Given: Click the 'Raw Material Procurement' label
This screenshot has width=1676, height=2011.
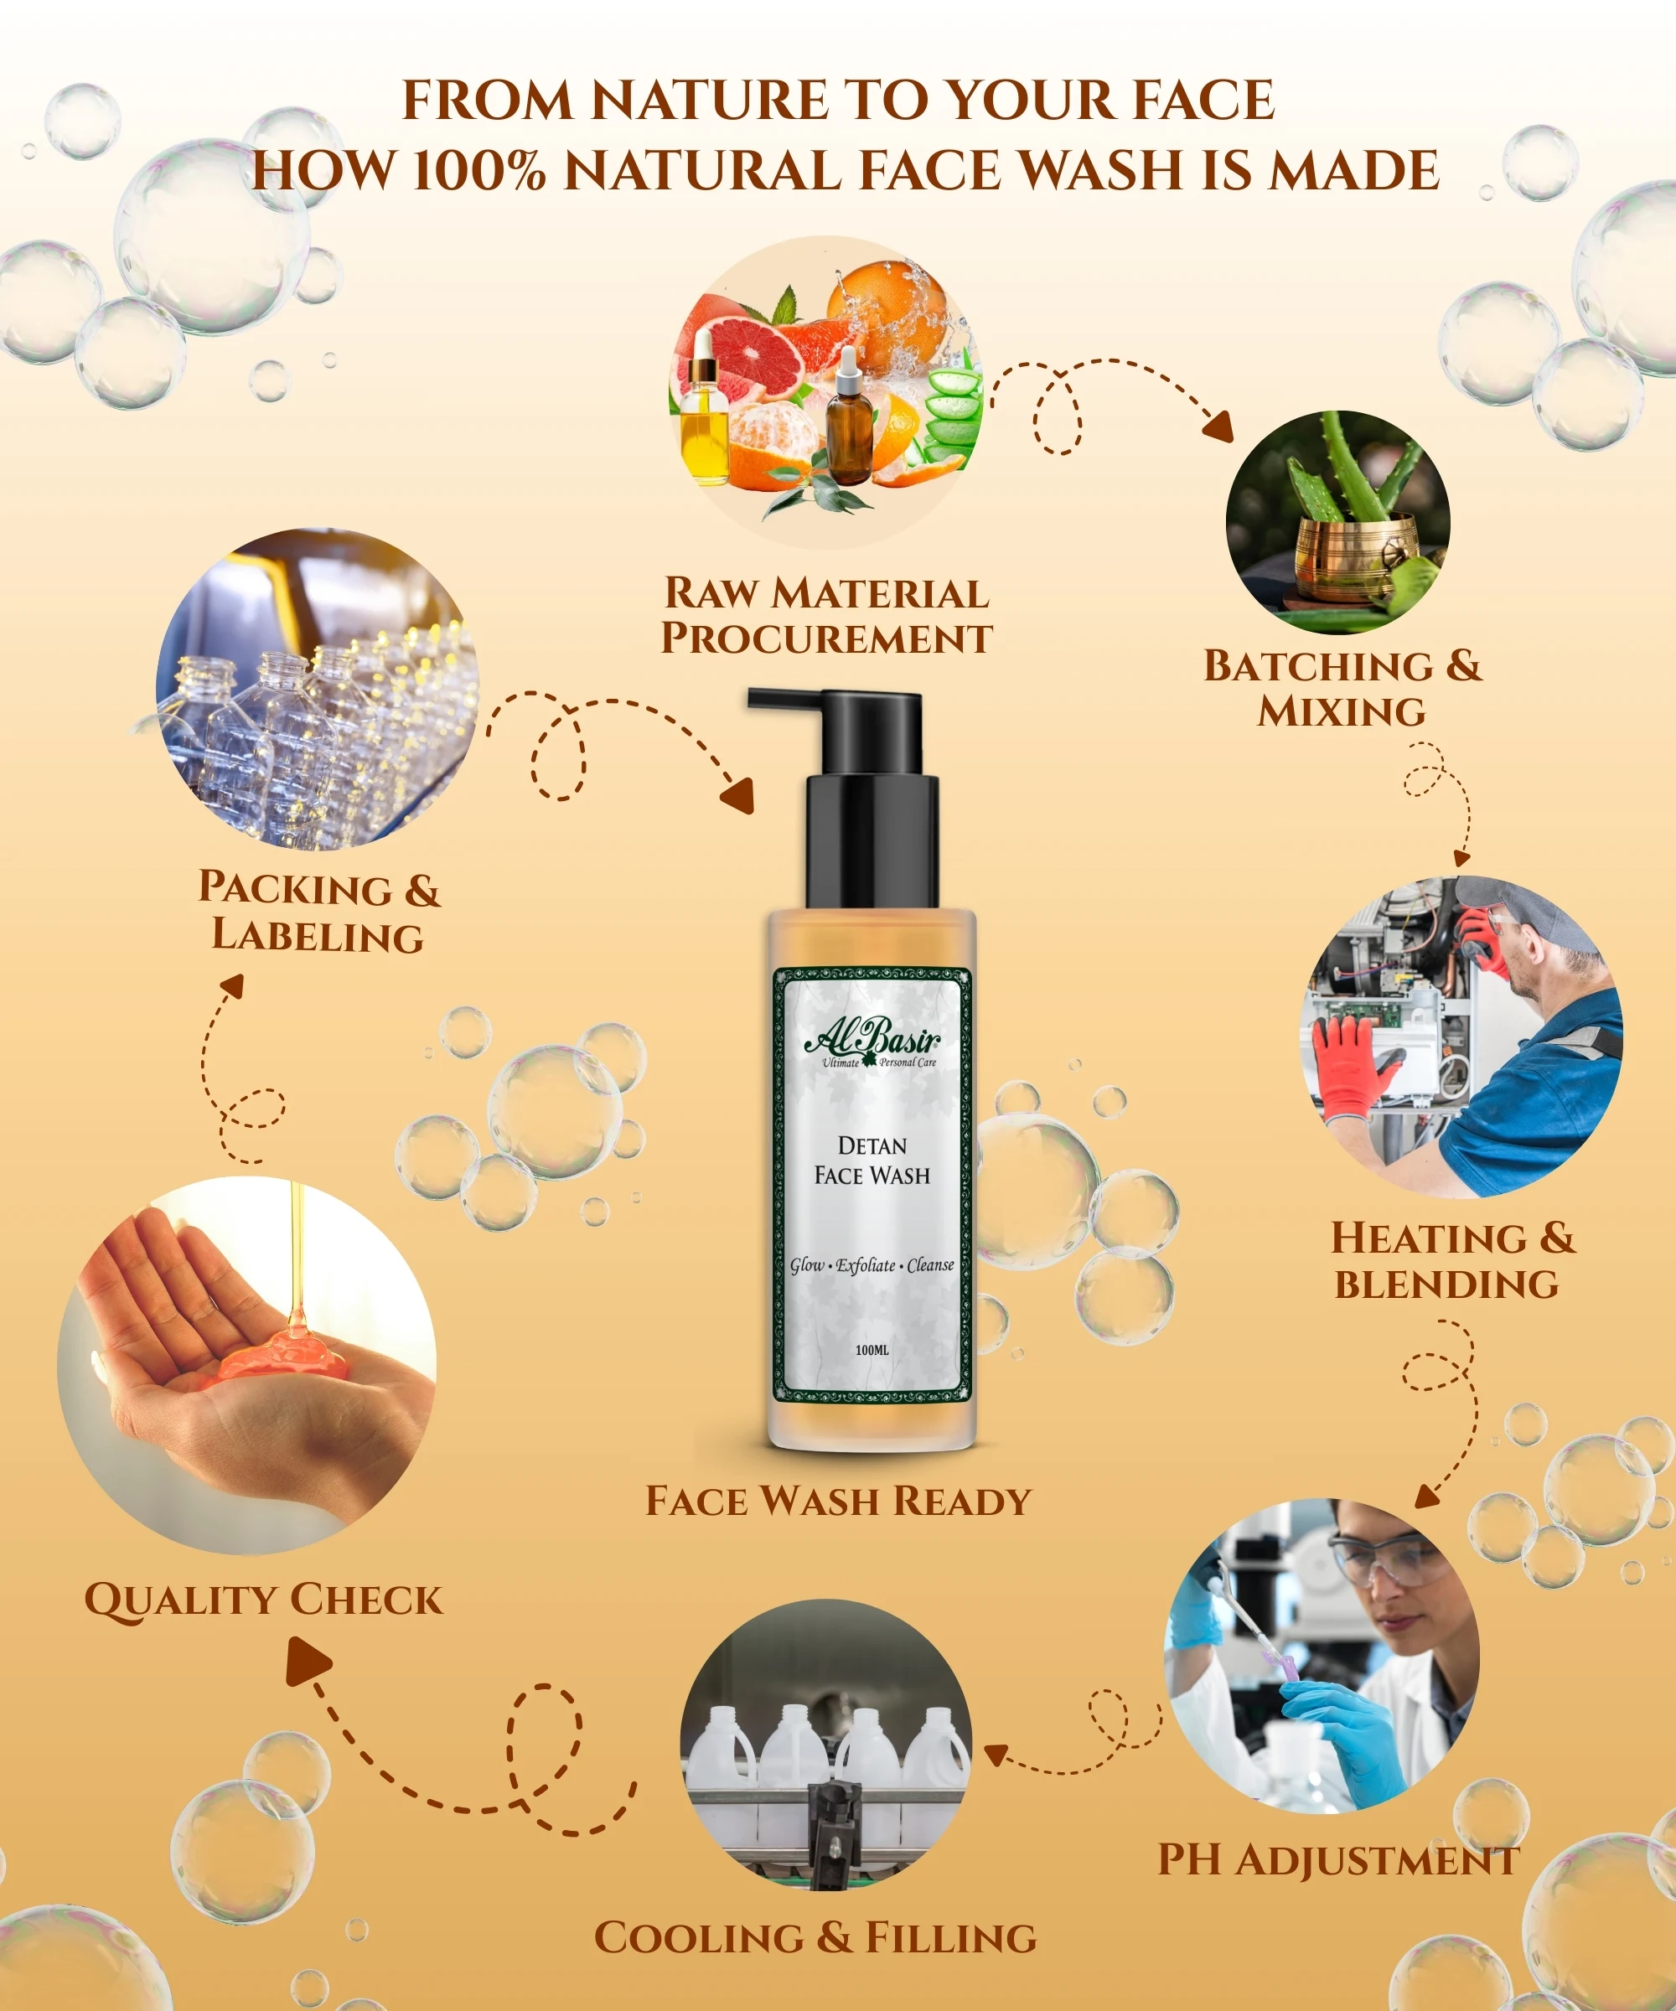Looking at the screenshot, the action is (826, 616).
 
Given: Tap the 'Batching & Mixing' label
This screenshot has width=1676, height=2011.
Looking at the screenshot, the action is (1342, 689).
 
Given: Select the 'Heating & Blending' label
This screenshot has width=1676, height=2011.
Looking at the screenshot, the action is (1452, 1260).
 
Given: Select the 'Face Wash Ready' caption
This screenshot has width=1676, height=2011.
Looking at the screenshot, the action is (838, 1501).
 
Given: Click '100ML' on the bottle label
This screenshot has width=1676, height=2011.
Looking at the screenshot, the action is (872, 1350).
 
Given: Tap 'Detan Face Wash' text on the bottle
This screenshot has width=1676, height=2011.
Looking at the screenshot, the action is (872, 1161).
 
